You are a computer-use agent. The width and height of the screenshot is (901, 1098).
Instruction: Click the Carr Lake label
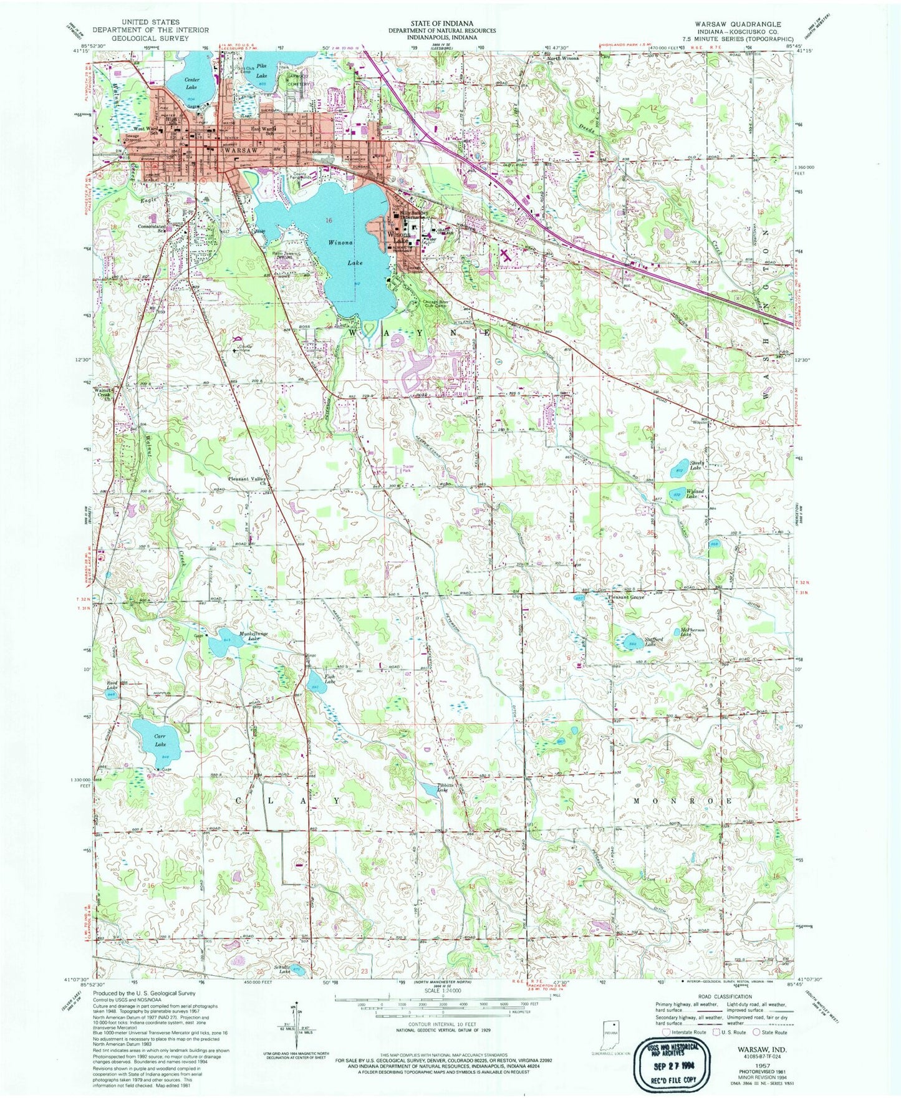pyautogui.click(x=160, y=740)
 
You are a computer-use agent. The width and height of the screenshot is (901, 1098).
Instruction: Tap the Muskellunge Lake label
pyautogui.click(x=244, y=635)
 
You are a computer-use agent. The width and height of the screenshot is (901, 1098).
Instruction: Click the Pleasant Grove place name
pyautogui.click(x=625, y=597)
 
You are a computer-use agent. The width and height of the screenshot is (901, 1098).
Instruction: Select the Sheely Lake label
pyautogui.click(x=696, y=466)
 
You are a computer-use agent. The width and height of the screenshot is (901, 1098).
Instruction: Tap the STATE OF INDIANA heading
pyautogui.click(x=441, y=23)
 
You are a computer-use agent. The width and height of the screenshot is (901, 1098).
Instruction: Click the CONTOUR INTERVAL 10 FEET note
pyautogui.click(x=442, y=1042)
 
